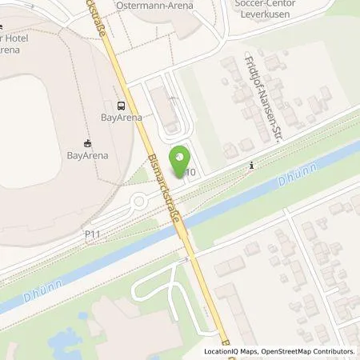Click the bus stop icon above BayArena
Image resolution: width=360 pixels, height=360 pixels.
coord(120,105)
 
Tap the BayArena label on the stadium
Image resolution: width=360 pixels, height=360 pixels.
coord(87,146)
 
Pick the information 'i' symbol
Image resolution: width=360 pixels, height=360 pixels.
coord(252,166)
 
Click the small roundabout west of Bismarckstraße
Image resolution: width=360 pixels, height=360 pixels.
coord(141,202)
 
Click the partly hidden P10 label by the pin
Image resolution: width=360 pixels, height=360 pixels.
coord(190,172)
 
